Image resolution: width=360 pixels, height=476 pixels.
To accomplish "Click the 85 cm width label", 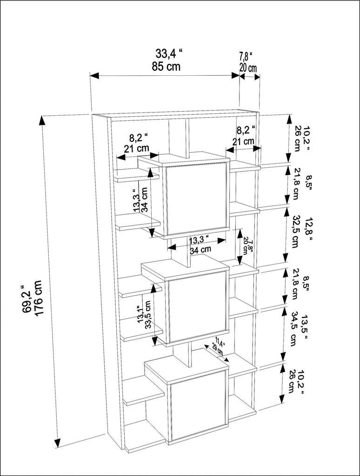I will [166, 66].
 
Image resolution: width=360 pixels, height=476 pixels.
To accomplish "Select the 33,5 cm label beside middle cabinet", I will [148, 315].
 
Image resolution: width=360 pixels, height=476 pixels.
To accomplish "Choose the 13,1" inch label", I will [140, 315].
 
